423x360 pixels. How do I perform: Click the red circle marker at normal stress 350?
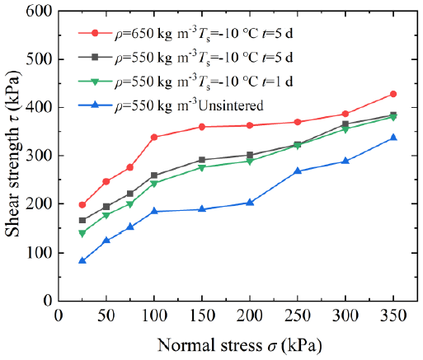(393, 94)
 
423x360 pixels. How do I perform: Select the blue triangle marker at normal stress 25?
(82, 260)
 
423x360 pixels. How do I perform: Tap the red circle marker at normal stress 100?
(154, 137)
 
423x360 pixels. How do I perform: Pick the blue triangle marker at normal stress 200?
(250, 203)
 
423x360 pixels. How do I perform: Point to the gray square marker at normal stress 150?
(202, 160)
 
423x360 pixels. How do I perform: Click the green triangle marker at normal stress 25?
(82, 234)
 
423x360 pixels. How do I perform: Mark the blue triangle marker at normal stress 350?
(393, 138)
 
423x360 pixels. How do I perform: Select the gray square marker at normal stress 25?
(82, 220)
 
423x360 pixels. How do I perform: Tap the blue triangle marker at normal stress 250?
(298, 171)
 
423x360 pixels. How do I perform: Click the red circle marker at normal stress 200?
(250, 125)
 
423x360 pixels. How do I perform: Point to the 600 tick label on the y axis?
(39, 11)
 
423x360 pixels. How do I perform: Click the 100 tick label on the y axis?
(39, 253)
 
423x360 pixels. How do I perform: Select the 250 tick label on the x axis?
(298, 316)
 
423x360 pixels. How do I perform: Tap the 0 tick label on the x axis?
(59, 316)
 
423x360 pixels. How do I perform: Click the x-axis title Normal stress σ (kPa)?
(239, 345)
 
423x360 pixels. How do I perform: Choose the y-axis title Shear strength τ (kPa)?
(12, 154)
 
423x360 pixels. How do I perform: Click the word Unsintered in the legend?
(231, 105)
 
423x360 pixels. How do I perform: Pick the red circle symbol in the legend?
(95, 33)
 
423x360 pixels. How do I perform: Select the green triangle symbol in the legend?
(95, 82)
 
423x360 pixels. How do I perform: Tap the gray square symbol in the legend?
(95, 57)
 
